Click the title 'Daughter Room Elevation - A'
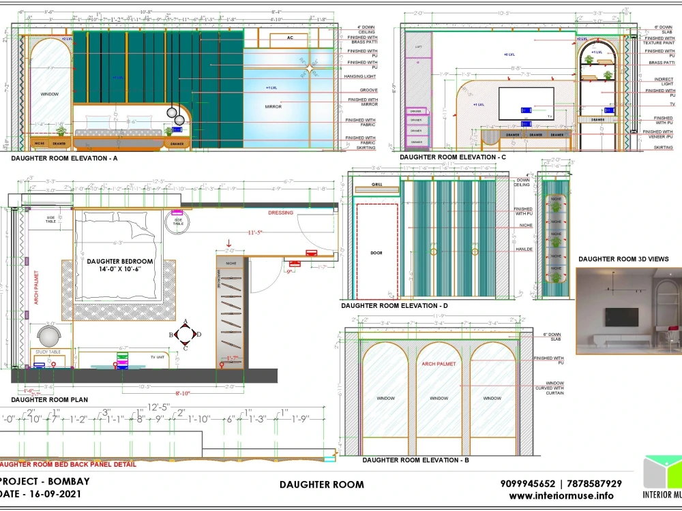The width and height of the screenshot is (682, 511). [x=64, y=158]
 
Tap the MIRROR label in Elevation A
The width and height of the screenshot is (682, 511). [x=273, y=106]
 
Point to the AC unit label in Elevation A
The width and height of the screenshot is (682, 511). [x=289, y=37]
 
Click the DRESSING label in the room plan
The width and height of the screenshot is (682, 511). [x=280, y=213]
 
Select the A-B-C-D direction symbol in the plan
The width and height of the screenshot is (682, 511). [x=185, y=334]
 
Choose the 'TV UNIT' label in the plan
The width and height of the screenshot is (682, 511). [x=157, y=356]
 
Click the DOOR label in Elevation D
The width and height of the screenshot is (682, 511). [x=376, y=252]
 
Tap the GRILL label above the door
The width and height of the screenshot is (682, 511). [x=376, y=185]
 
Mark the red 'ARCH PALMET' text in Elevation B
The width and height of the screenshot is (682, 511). [x=439, y=365]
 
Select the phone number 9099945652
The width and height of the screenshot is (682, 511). [x=528, y=484]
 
